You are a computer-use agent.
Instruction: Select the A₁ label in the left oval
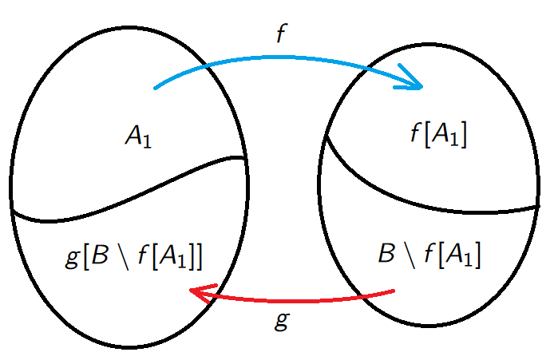click(137, 137)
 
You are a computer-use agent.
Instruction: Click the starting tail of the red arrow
click(393, 291)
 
